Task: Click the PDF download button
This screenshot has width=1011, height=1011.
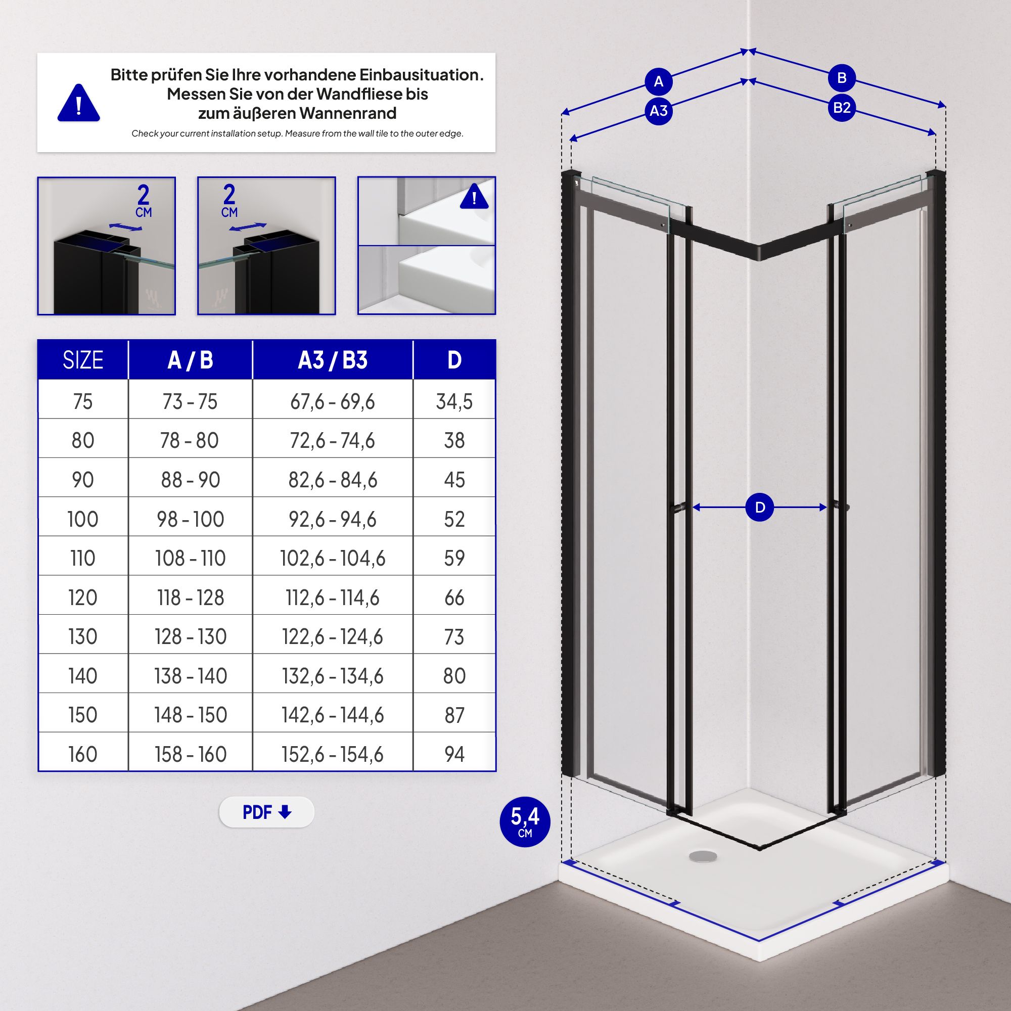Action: coord(266,812)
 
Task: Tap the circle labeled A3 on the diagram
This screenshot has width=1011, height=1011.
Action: coord(658,111)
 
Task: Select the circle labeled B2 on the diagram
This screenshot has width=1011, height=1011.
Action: coord(842,108)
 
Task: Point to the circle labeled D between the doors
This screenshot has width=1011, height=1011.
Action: coord(760,507)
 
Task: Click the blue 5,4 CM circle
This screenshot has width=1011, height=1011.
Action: coord(525,822)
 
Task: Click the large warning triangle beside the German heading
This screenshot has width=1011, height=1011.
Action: coord(78,104)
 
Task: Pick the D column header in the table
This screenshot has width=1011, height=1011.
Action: coord(454,360)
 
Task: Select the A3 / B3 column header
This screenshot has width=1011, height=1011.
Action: coord(332,360)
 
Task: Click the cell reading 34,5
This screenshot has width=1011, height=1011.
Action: coord(454,401)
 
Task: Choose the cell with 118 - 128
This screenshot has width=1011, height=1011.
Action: coord(191,598)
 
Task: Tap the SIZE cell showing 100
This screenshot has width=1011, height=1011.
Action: coord(83,519)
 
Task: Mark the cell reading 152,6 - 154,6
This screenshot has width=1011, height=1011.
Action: coord(332,754)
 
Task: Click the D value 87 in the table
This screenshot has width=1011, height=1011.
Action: coord(454,715)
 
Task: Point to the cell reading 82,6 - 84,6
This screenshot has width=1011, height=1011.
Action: coord(332,480)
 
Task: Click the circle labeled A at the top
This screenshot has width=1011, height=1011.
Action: coord(658,81)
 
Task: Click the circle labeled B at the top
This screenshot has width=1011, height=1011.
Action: coord(842,78)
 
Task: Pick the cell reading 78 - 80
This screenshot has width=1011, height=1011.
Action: coord(190,441)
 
